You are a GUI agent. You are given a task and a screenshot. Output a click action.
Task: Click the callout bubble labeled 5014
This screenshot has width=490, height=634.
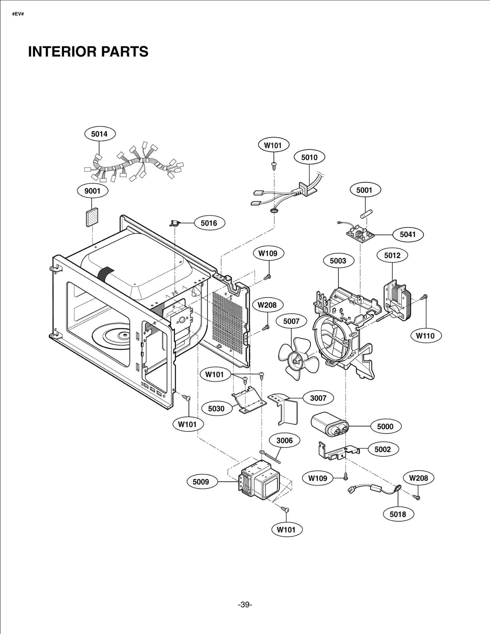click(x=99, y=134)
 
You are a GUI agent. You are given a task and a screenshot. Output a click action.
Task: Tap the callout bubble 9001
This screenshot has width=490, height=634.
click(x=92, y=191)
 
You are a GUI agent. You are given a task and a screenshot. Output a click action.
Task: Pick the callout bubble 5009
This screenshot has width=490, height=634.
click(x=201, y=482)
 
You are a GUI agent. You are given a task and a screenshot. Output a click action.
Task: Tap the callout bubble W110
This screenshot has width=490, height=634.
click(x=425, y=336)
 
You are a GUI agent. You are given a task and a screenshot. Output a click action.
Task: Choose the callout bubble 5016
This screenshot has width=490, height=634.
click(x=209, y=223)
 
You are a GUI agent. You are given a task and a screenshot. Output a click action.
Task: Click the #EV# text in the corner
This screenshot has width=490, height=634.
click(x=18, y=14)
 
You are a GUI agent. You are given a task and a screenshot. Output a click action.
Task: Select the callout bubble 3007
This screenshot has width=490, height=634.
click(x=318, y=398)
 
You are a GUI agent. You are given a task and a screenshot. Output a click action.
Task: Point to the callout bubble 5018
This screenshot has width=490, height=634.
click(x=398, y=514)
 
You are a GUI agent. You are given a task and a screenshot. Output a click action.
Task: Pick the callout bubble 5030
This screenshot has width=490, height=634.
click(x=216, y=409)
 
